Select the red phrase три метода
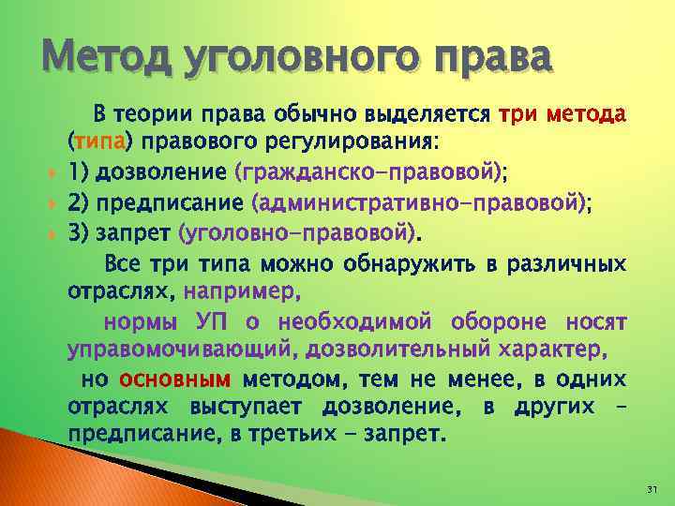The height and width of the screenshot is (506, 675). click(562, 116)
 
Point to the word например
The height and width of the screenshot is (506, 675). click(243, 291)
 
